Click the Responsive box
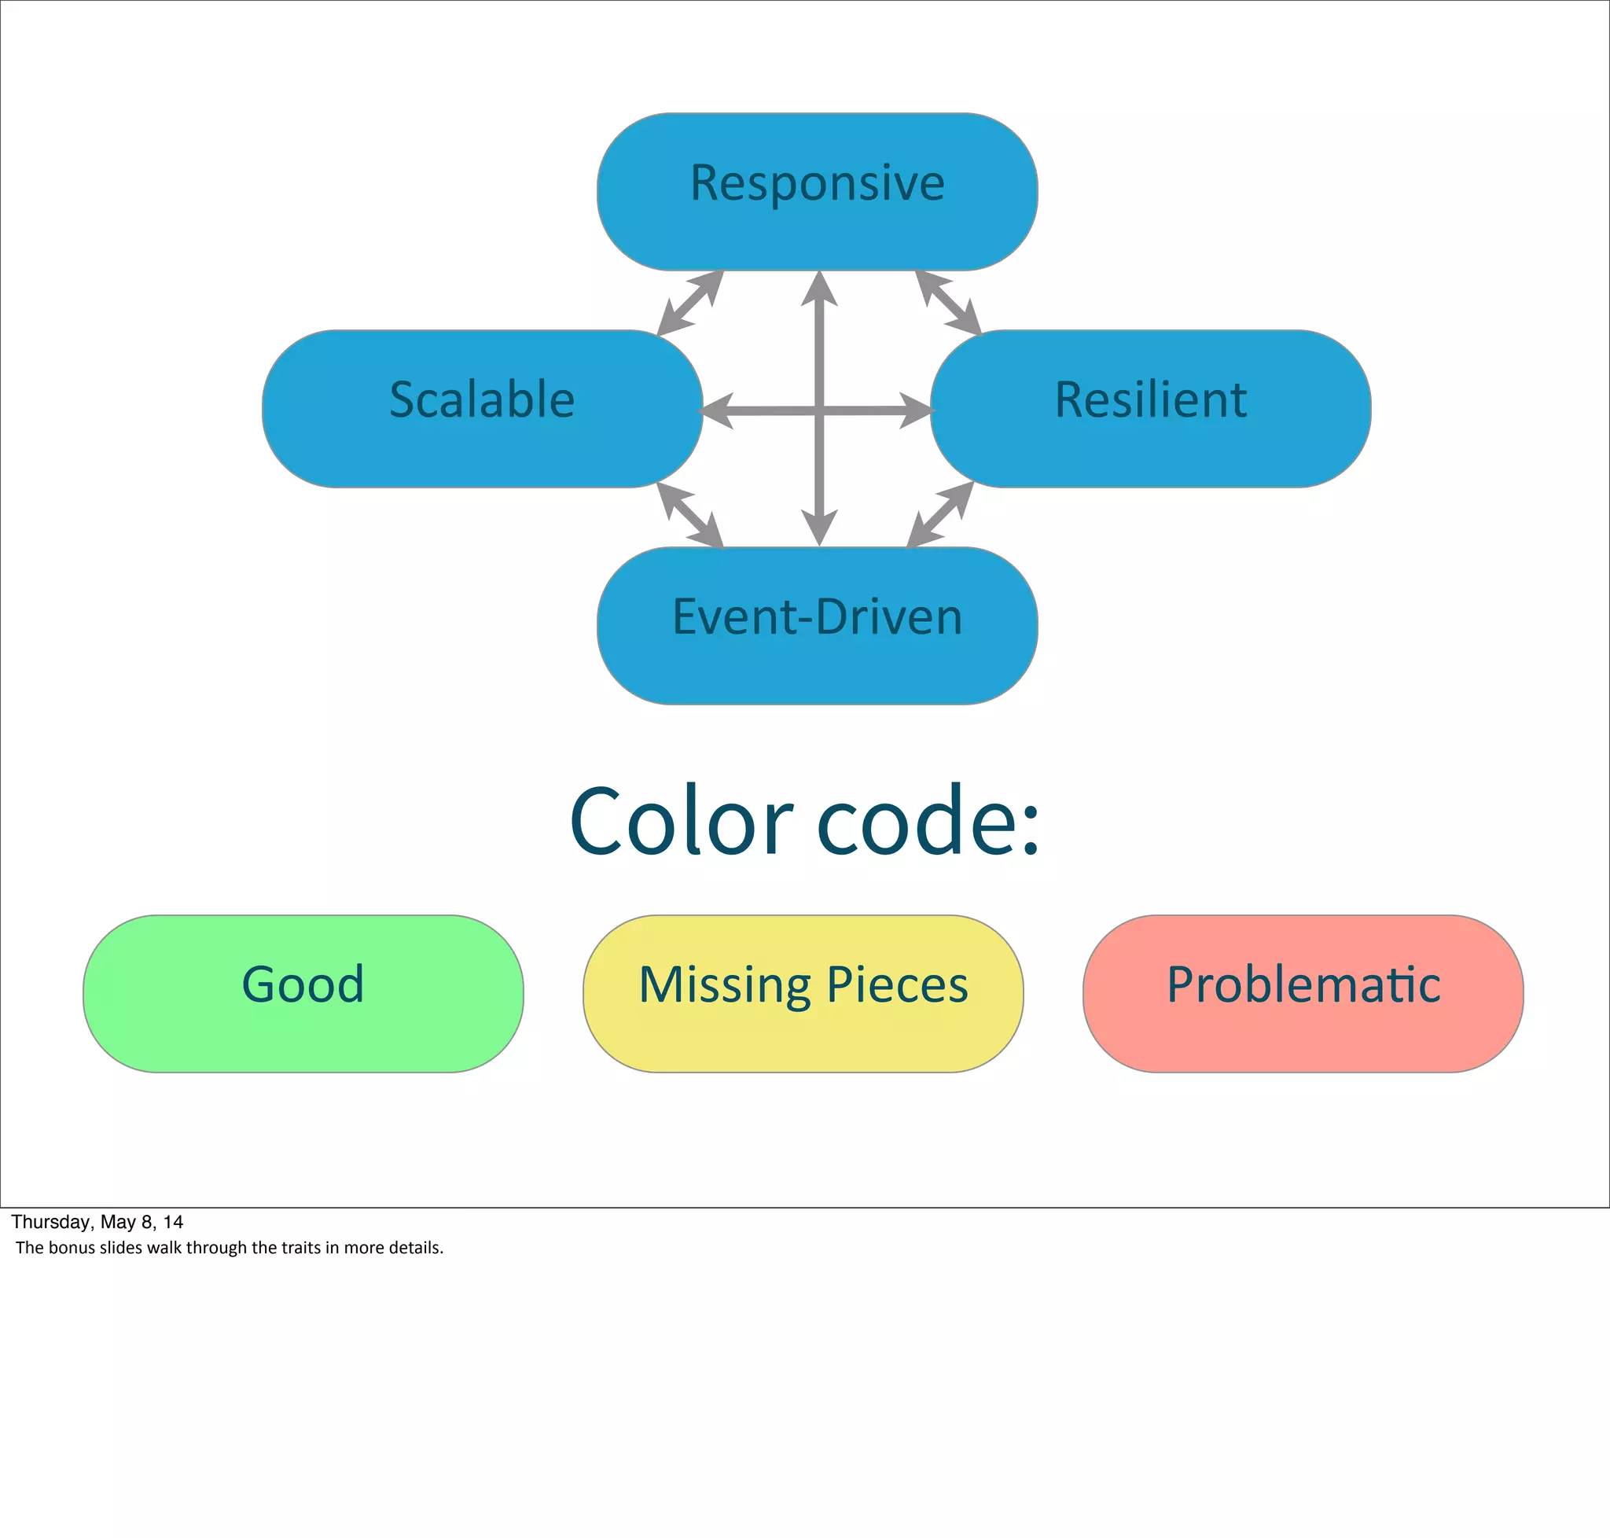[x=818, y=191]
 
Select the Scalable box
[x=482, y=408]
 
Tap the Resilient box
[x=1150, y=408]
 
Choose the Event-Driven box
[x=818, y=626]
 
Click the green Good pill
[x=303, y=994]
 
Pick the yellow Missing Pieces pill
[x=803, y=994]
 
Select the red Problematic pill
[x=1303, y=994]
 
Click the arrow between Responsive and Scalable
[x=690, y=303]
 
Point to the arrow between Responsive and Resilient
[x=948, y=303]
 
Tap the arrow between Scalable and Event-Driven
[x=690, y=515]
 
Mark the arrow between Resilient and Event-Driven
[x=941, y=514]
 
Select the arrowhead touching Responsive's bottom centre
[x=819, y=289]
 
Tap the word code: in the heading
[x=928, y=821]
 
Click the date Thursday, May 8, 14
[x=97, y=1222]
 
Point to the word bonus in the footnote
[x=72, y=1248]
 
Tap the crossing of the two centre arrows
[x=819, y=410]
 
